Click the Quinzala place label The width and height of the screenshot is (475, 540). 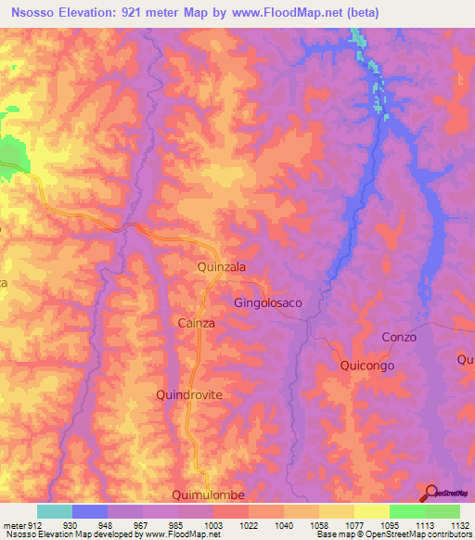point(222,266)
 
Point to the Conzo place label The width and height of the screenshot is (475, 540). point(399,337)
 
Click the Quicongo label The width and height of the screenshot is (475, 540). point(367,366)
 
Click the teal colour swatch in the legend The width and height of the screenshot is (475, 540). point(55,511)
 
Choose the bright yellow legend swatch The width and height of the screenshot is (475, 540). point(372,511)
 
